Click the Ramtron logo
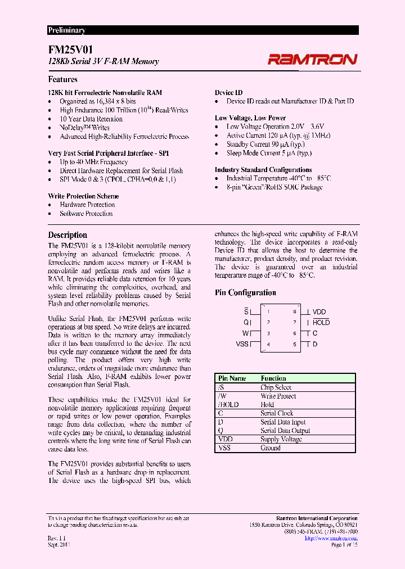click(x=312, y=59)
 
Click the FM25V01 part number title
click(x=69, y=49)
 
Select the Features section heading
click(x=62, y=79)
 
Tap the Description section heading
click(x=67, y=234)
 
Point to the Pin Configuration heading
click(x=245, y=292)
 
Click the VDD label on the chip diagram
click(x=319, y=311)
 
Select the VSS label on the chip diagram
click(x=242, y=344)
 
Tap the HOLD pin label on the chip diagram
click(x=321, y=322)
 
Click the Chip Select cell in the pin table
click(x=276, y=387)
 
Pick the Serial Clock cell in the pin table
click(x=277, y=413)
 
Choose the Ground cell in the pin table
click(x=270, y=448)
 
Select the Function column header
click(x=273, y=378)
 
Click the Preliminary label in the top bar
click(x=66, y=30)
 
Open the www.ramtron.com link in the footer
click(x=331, y=538)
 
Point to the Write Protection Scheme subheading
click(x=83, y=196)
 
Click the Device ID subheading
click(x=229, y=92)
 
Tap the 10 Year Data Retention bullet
click(x=91, y=119)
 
